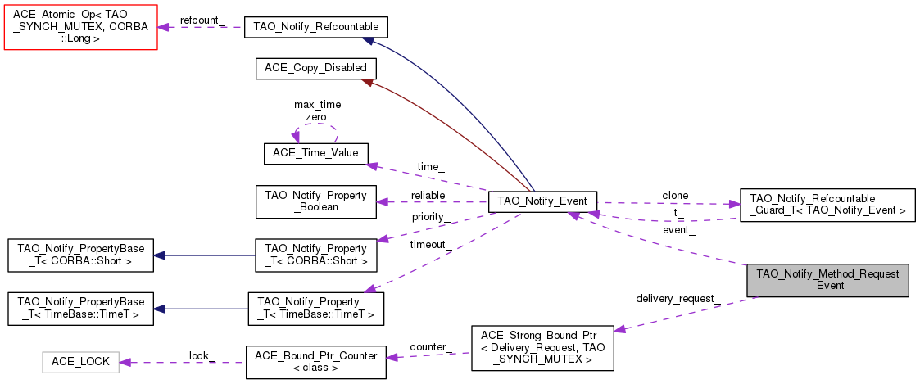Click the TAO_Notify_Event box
(x=542, y=202)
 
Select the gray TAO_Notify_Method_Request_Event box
(x=827, y=280)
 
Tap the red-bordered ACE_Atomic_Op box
(x=80, y=26)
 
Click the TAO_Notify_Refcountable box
(x=315, y=27)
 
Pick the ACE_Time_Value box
(x=315, y=153)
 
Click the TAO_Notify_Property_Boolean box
(x=315, y=201)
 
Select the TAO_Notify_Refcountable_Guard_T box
(x=827, y=204)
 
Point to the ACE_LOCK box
(x=80, y=361)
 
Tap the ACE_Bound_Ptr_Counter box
(x=315, y=361)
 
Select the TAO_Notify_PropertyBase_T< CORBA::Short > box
(x=80, y=255)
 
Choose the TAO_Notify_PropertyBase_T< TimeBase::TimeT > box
(x=80, y=308)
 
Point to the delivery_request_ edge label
(x=678, y=297)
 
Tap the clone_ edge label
(x=678, y=196)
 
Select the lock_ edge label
(x=202, y=355)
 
